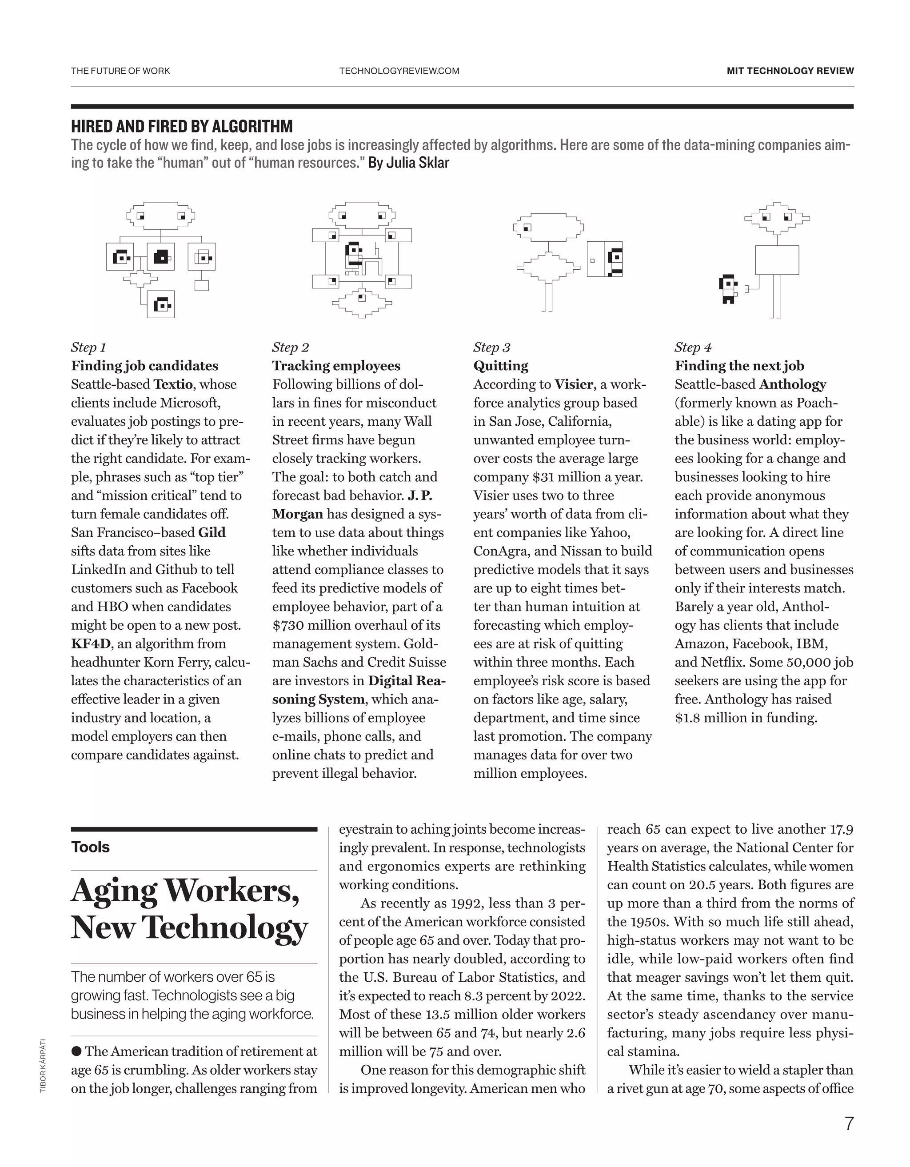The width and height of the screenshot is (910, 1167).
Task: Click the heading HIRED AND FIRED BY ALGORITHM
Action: point(182,127)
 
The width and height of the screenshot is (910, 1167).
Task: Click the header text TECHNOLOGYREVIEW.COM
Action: point(399,71)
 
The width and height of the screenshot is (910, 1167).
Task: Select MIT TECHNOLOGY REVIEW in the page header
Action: point(790,71)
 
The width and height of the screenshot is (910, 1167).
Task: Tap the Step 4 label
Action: point(693,348)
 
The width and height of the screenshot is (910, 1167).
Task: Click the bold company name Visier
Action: point(573,384)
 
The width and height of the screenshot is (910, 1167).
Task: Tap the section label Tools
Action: point(90,847)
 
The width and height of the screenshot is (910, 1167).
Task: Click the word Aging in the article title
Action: point(113,891)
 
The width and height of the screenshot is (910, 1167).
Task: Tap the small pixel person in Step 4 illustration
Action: point(728,289)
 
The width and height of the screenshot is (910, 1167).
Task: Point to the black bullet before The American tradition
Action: point(76,1051)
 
